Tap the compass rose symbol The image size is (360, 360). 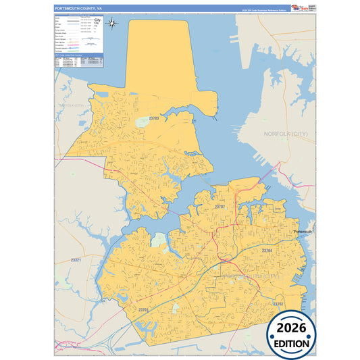coord(113,25)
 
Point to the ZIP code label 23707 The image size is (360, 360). coord(219,205)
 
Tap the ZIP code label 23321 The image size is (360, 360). coord(76,260)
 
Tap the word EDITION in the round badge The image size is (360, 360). coord(290,343)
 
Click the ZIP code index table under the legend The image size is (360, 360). coord(80,61)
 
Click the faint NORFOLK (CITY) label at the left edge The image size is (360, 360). coord(69,105)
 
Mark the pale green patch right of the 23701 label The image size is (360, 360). coord(176,307)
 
